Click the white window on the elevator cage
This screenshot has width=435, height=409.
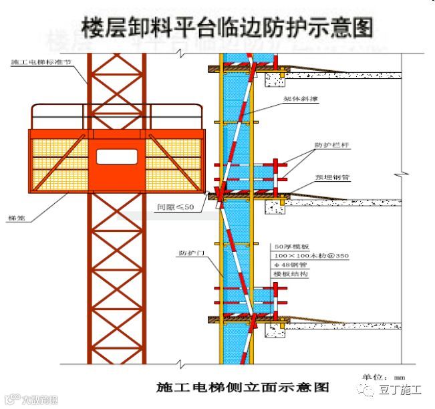(x=116, y=156)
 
